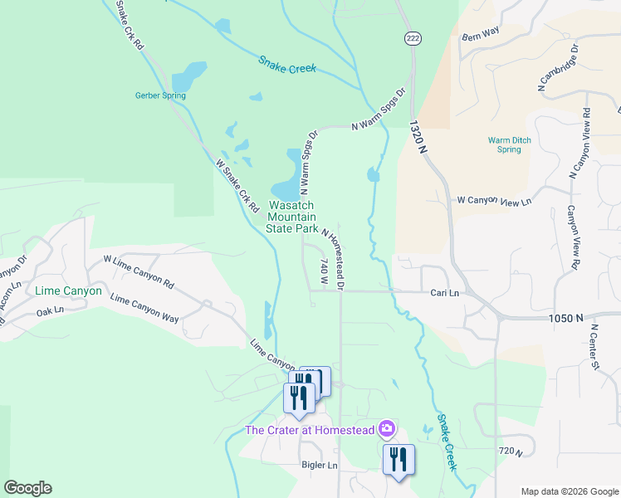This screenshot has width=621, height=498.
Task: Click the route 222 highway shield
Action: coord(412,39)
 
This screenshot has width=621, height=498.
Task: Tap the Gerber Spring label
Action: coord(160,95)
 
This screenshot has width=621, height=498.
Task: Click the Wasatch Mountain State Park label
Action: coord(291,216)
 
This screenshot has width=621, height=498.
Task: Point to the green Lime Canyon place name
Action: coord(68,291)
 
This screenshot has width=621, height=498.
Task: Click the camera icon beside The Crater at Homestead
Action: coord(386,429)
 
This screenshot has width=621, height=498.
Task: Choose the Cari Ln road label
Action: coord(444,293)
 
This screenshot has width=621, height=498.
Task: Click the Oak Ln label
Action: coord(50,313)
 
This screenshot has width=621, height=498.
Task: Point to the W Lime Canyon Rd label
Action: coord(138,271)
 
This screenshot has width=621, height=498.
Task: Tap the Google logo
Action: coord(27,488)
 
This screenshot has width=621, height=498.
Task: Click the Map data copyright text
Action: coord(570,491)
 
